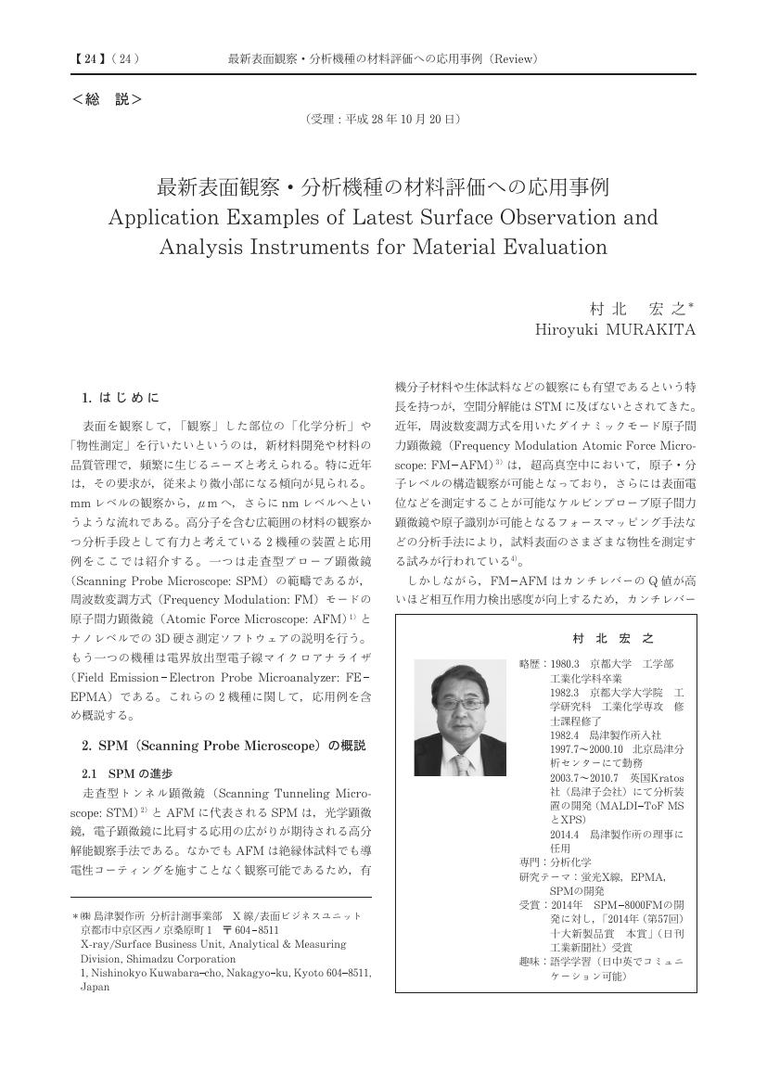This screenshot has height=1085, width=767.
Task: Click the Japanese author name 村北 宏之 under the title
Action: pyautogui.click(x=642, y=308)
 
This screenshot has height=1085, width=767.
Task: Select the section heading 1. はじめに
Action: pyautogui.click(x=121, y=398)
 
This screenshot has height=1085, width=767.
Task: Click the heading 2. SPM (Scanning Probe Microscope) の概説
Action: pyautogui.click(x=224, y=745)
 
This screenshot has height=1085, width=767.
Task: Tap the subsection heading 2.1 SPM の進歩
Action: pyautogui.click(x=127, y=772)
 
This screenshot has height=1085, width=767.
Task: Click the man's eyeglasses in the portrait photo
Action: pyautogui.click(x=460, y=706)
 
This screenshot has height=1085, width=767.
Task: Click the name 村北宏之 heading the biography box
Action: pyautogui.click(x=614, y=639)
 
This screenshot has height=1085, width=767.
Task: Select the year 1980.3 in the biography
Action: pyautogui.click(x=564, y=665)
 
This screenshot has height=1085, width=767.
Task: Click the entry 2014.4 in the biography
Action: pyautogui.click(x=564, y=834)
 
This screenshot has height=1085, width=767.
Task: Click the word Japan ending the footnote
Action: pyautogui.click(x=96, y=987)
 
